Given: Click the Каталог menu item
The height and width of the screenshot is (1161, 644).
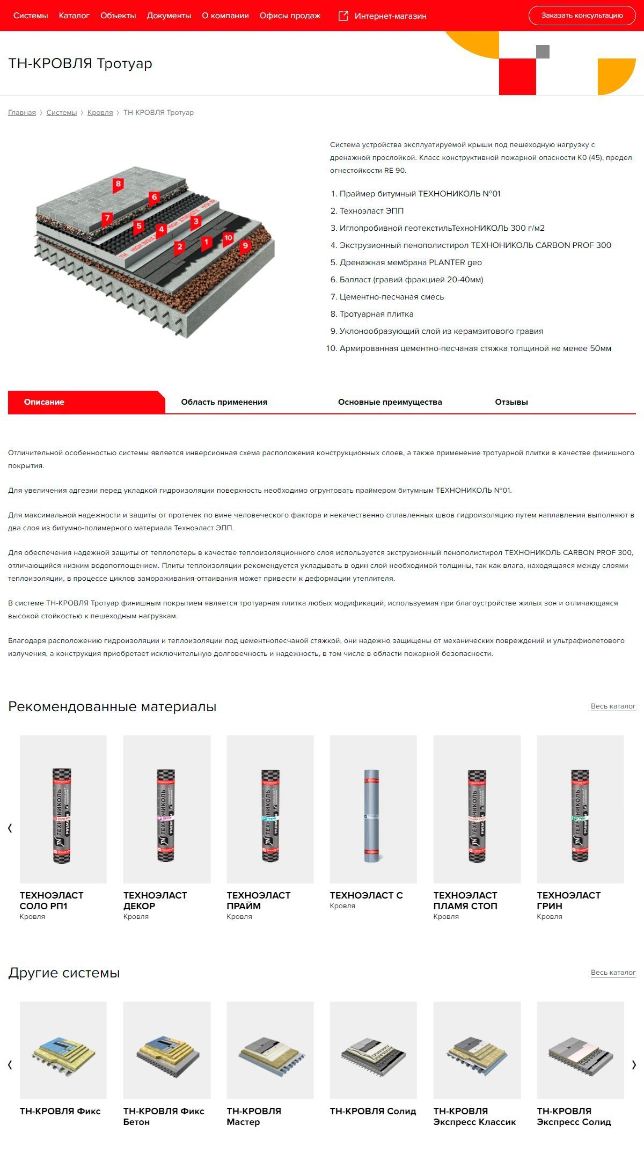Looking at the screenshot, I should [74, 16].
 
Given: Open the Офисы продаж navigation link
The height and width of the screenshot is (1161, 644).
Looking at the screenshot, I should [290, 16].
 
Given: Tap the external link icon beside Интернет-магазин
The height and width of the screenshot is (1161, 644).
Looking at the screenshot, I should [343, 16].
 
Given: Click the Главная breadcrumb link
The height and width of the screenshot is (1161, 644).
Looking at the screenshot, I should [22, 113].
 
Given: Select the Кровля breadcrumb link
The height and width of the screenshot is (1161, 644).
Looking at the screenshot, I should [100, 113].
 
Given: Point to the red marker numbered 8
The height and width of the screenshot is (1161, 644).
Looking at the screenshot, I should [118, 184].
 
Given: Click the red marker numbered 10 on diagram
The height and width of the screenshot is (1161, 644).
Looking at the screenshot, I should [228, 238].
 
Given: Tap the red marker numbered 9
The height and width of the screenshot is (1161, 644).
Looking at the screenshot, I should [245, 246].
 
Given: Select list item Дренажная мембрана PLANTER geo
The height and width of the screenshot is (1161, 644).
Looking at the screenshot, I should [411, 262].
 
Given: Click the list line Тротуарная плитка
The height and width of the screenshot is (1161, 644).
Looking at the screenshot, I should [376, 314].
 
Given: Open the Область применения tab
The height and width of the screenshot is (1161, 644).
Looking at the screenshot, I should [224, 402].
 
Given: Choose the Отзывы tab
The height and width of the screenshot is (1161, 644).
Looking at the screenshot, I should [511, 402].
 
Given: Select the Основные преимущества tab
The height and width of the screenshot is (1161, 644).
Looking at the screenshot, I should [390, 402].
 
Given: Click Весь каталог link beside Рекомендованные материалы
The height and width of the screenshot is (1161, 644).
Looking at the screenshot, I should [613, 706].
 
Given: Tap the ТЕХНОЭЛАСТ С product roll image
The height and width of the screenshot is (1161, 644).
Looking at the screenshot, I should [373, 816].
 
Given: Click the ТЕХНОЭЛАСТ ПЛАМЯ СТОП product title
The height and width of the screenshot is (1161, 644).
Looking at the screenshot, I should [465, 901].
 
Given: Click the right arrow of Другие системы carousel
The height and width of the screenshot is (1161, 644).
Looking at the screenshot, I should [634, 1065].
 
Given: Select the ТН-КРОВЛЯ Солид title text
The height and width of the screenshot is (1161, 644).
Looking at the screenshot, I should [373, 1112].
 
